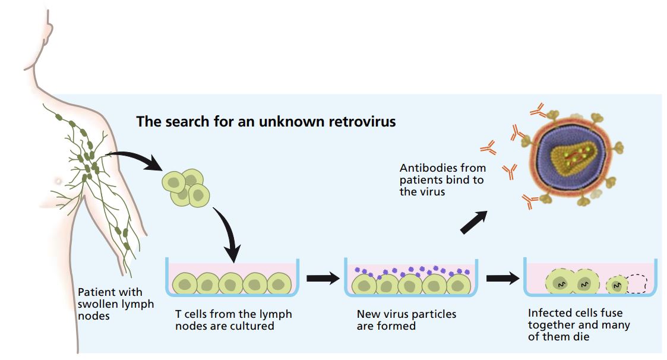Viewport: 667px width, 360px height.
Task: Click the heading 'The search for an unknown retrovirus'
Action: tap(265, 122)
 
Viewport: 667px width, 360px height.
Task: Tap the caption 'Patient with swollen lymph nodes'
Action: tap(115, 304)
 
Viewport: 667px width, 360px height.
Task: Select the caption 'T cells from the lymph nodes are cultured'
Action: tap(233, 320)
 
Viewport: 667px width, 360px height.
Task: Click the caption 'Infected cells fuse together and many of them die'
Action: tap(579, 325)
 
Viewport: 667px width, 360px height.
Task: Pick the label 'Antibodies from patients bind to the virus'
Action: tap(441, 180)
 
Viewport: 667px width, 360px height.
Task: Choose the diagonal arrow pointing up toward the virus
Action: tap(474, 223)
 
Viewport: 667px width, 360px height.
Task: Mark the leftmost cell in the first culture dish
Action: tap(185, 284)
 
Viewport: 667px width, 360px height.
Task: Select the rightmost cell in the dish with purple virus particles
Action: tap(457, 284)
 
